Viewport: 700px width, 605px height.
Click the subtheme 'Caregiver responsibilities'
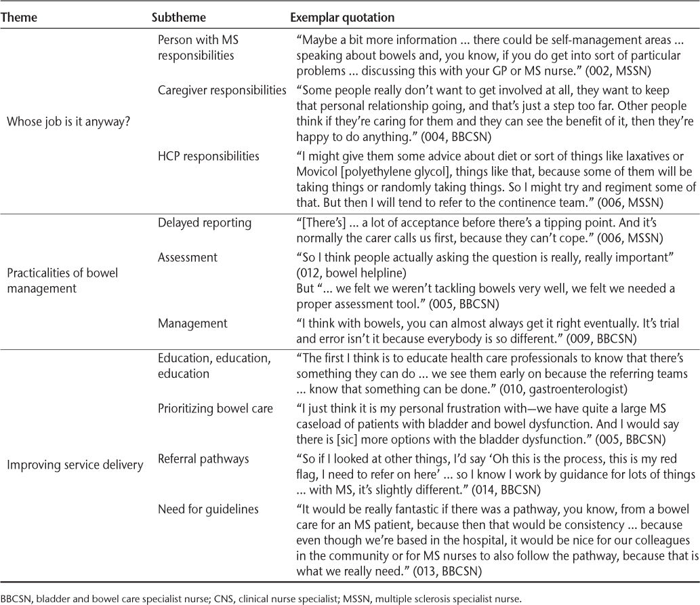tap(222, 90)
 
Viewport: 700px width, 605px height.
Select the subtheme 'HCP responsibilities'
tap(201, 156)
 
